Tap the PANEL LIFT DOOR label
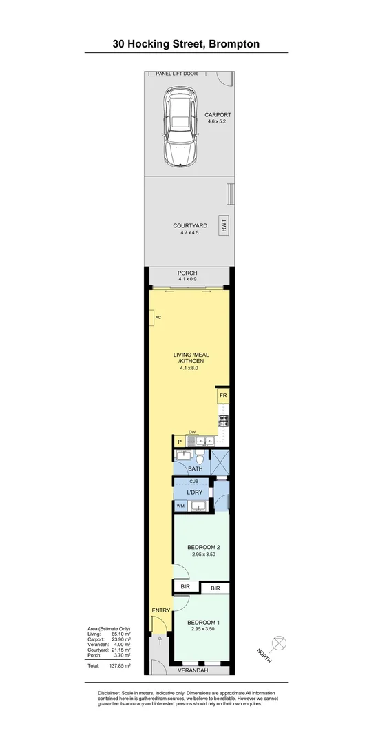176,73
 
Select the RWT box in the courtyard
224,226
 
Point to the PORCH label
188,273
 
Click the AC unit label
158,318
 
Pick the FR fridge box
223,397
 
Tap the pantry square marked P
179,442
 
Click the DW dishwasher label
193,433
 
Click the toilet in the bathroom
200,457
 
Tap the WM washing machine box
180,506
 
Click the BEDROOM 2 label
204,548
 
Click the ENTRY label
160,610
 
